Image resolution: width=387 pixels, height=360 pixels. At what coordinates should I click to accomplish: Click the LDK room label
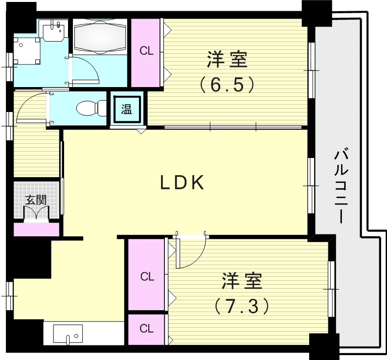coord(182,183)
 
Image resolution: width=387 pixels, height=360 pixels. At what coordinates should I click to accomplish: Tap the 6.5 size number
coord(227,85)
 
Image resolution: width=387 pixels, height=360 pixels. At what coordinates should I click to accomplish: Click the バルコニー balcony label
coord(341,186)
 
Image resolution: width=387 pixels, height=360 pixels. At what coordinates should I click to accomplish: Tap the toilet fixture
coord(92,108)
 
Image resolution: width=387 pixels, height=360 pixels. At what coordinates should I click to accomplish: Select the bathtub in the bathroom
coord(101,36)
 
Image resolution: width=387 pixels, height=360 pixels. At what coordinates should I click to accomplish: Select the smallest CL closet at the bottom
coord(146,329)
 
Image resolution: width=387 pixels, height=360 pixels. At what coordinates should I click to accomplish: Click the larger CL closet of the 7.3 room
coord(147,276)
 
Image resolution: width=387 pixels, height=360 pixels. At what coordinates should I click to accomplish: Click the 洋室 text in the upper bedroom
coord(227,61)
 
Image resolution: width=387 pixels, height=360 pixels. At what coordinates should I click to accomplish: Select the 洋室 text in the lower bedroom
coord(241,282)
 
